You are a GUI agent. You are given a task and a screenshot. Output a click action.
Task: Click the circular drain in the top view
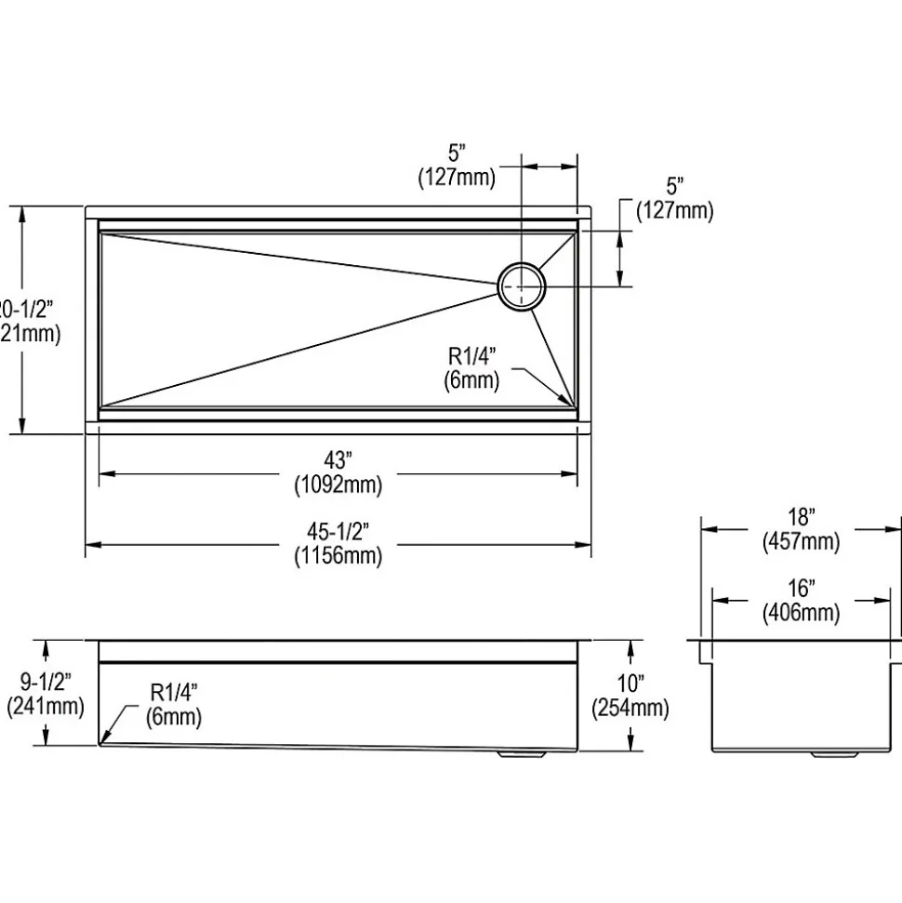coord(522,287)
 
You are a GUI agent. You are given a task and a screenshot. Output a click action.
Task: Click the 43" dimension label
coord(338,460)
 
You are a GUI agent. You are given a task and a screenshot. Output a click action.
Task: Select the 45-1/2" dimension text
coord(338,532)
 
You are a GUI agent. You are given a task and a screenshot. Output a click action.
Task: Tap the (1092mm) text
coord(338,485)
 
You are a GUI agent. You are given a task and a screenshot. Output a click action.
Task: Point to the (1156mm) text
coord(338,556)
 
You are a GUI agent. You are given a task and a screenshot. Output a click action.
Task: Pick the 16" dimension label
coord(800,589)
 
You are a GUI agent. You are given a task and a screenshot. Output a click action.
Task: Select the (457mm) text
coord(800,541)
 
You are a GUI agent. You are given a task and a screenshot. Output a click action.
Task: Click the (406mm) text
coord(800,613)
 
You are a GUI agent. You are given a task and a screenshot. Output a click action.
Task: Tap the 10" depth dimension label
coord(630,684)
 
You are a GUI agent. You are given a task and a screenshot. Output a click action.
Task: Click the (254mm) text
coord(630,709)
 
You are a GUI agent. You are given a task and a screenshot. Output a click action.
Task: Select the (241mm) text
coord(44,706)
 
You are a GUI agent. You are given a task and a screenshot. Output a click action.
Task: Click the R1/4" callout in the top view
coord(473,355)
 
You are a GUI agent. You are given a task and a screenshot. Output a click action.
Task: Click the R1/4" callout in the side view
coord(174,693)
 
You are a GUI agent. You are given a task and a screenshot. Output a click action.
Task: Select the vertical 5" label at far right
coord(675,186)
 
